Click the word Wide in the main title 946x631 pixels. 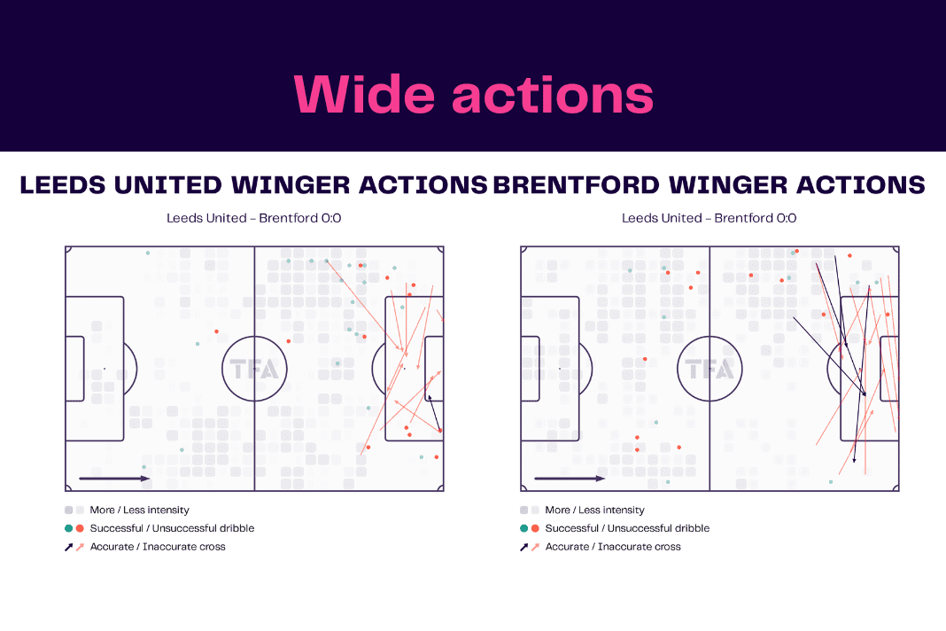[364, 95]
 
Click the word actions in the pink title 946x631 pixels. [553, 95]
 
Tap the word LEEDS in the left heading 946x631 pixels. [63, 185]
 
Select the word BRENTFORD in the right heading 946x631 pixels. [576, 185]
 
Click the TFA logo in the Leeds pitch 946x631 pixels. [254, 369]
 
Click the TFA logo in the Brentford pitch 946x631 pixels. [709, 369]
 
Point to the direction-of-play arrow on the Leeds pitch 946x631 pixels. [114, 479]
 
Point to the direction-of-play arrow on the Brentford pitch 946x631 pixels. [570, 479]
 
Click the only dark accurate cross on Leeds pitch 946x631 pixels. [434, 413]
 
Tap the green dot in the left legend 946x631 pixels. [69, 528]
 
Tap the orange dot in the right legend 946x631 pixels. [535, 528]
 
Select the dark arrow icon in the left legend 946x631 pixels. [69, 547]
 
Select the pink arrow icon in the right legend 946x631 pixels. [535, 547]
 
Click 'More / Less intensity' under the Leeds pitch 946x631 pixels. [139, 510]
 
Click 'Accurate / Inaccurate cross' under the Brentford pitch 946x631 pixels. [613, 547]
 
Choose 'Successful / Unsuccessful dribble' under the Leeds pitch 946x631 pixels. [172, 528]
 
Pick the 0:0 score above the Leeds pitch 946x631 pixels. [331, 218]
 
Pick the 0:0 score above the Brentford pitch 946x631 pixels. [787, 218]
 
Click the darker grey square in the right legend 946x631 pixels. [523, 510]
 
